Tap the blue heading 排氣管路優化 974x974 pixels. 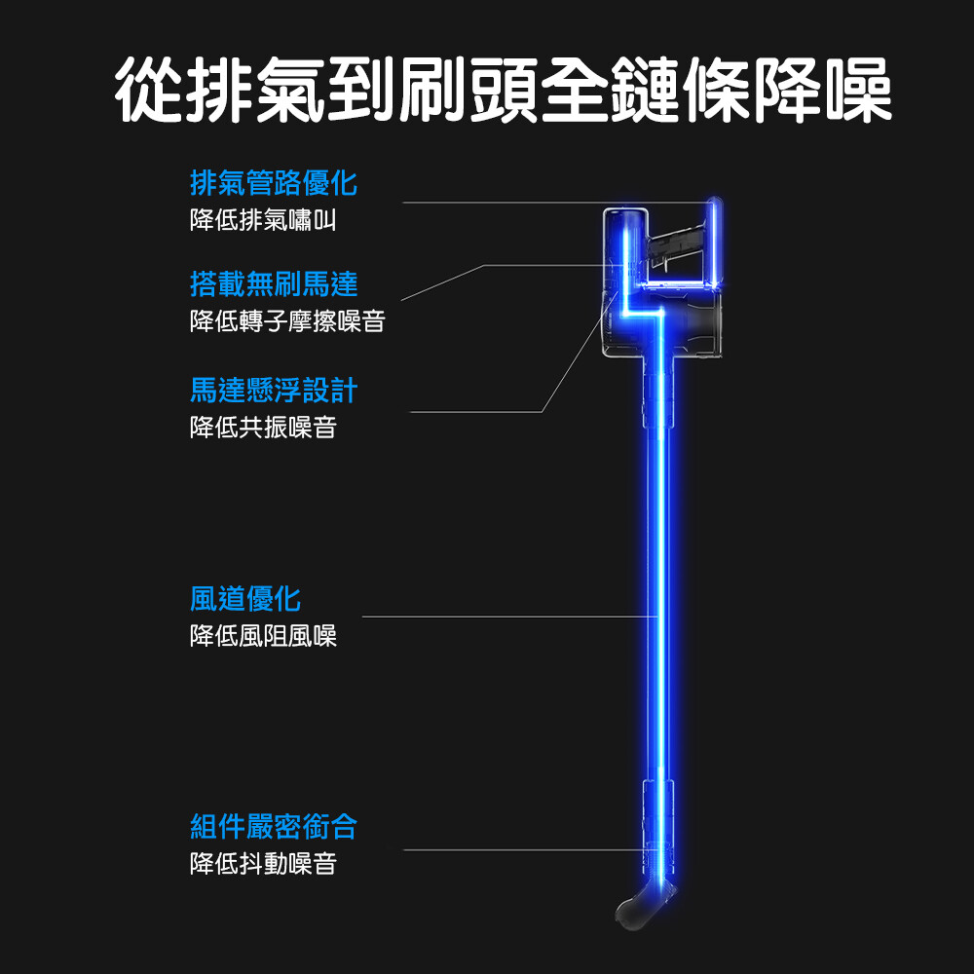[x=274, y=182]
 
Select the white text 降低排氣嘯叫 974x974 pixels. [x=263, y=220]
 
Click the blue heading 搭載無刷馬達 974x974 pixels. [x=274, y=284]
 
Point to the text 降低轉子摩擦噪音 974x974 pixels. [x=287, y=321]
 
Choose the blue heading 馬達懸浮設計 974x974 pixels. [x=274, y=391]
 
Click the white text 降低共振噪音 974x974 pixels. [x=263, y=427]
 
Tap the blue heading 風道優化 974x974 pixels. [x=245, y=598]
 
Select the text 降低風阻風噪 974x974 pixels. [x=263, y=636]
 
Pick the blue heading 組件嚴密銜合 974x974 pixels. [x=274, y=827]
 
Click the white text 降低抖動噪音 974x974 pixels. [x=263, y=864]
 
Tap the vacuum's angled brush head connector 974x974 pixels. [x=643, y=901]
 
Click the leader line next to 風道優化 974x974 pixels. [x=506, y=617]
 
